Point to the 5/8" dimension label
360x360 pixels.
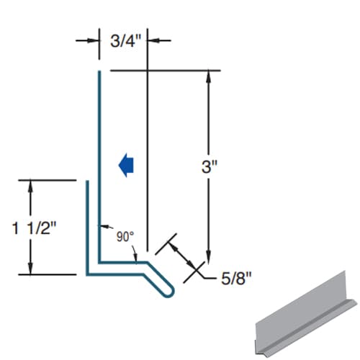(x=238, y=275)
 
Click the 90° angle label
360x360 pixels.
(x=124, y=235)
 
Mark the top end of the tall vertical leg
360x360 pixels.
(x=99, y=72)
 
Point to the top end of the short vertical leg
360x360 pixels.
(x=87, y=183)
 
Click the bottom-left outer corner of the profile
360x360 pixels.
(x=87, y=274)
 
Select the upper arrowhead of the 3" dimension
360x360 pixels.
(x=209, y=75)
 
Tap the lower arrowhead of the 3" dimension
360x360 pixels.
(x=209, y=261)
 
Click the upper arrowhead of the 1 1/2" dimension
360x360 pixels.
(x=30, y=185)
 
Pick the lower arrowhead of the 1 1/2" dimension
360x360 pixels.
(x=30, y=269)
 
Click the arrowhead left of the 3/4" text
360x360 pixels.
(x=94, y=40)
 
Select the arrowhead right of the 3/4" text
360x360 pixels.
(x=153, y=40)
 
